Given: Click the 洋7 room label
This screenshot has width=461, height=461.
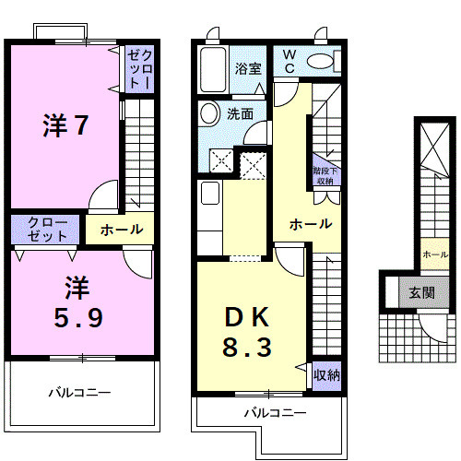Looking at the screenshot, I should coord(65,125).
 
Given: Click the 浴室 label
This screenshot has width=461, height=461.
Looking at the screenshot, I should coord(247,68).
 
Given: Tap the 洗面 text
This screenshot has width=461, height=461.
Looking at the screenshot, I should coord(241,114).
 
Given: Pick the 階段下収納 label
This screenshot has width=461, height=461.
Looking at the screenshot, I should coord(324,175).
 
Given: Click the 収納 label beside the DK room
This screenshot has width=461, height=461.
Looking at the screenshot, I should coord(326,374).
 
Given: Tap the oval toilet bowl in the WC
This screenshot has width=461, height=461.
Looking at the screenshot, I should coord(322,62).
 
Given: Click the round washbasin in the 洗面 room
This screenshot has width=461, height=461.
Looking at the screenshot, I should coord(209,113).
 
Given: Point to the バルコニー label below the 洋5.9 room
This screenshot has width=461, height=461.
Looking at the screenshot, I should coord(79,392).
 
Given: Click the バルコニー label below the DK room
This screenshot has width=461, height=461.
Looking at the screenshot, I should coord(274,413).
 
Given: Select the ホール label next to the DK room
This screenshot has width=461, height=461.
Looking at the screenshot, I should coord(310,224).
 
